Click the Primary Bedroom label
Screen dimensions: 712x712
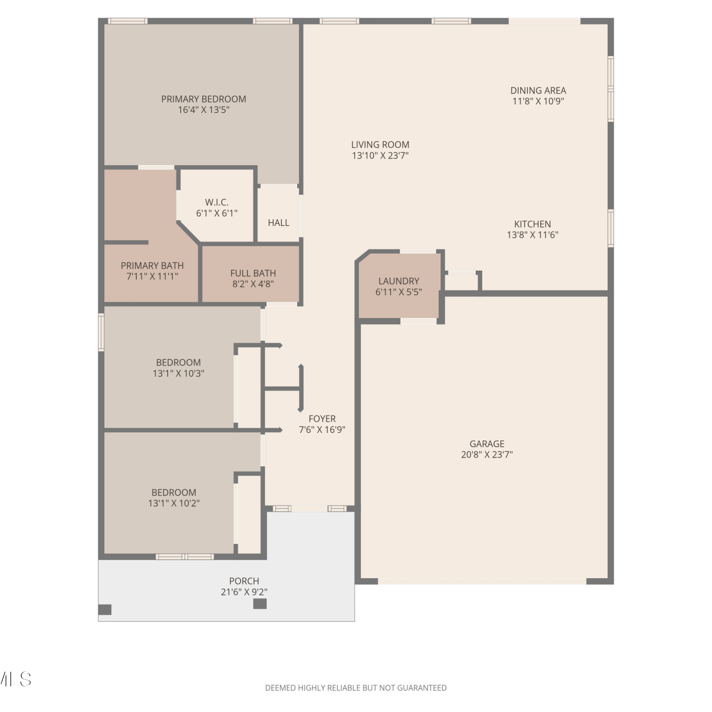pos(204,99)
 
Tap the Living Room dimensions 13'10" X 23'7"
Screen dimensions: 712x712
pos(380,155)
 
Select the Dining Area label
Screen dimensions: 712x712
pos(538,90)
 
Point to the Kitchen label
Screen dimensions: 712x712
pos(533,224)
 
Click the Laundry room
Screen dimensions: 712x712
pos(399,286)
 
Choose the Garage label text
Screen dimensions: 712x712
pos(487,444)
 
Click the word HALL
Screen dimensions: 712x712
pos(279,223)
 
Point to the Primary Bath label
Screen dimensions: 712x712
pos(152,266)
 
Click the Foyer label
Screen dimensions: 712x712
pos(322,419)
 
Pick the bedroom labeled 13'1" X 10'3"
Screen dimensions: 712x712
pos(178,367)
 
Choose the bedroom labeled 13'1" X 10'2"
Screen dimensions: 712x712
pos(174,497)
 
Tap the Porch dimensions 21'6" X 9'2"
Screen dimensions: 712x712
pos(244,592)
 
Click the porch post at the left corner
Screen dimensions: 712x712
pos(105,609)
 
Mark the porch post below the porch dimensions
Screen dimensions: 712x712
pos(260,604)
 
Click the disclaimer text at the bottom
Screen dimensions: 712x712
pos(356,688)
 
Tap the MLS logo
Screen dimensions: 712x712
pos(15,679)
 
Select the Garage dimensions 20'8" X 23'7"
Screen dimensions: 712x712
pos(487,454)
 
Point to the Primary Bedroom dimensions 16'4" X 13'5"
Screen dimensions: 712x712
pos(204,110)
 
